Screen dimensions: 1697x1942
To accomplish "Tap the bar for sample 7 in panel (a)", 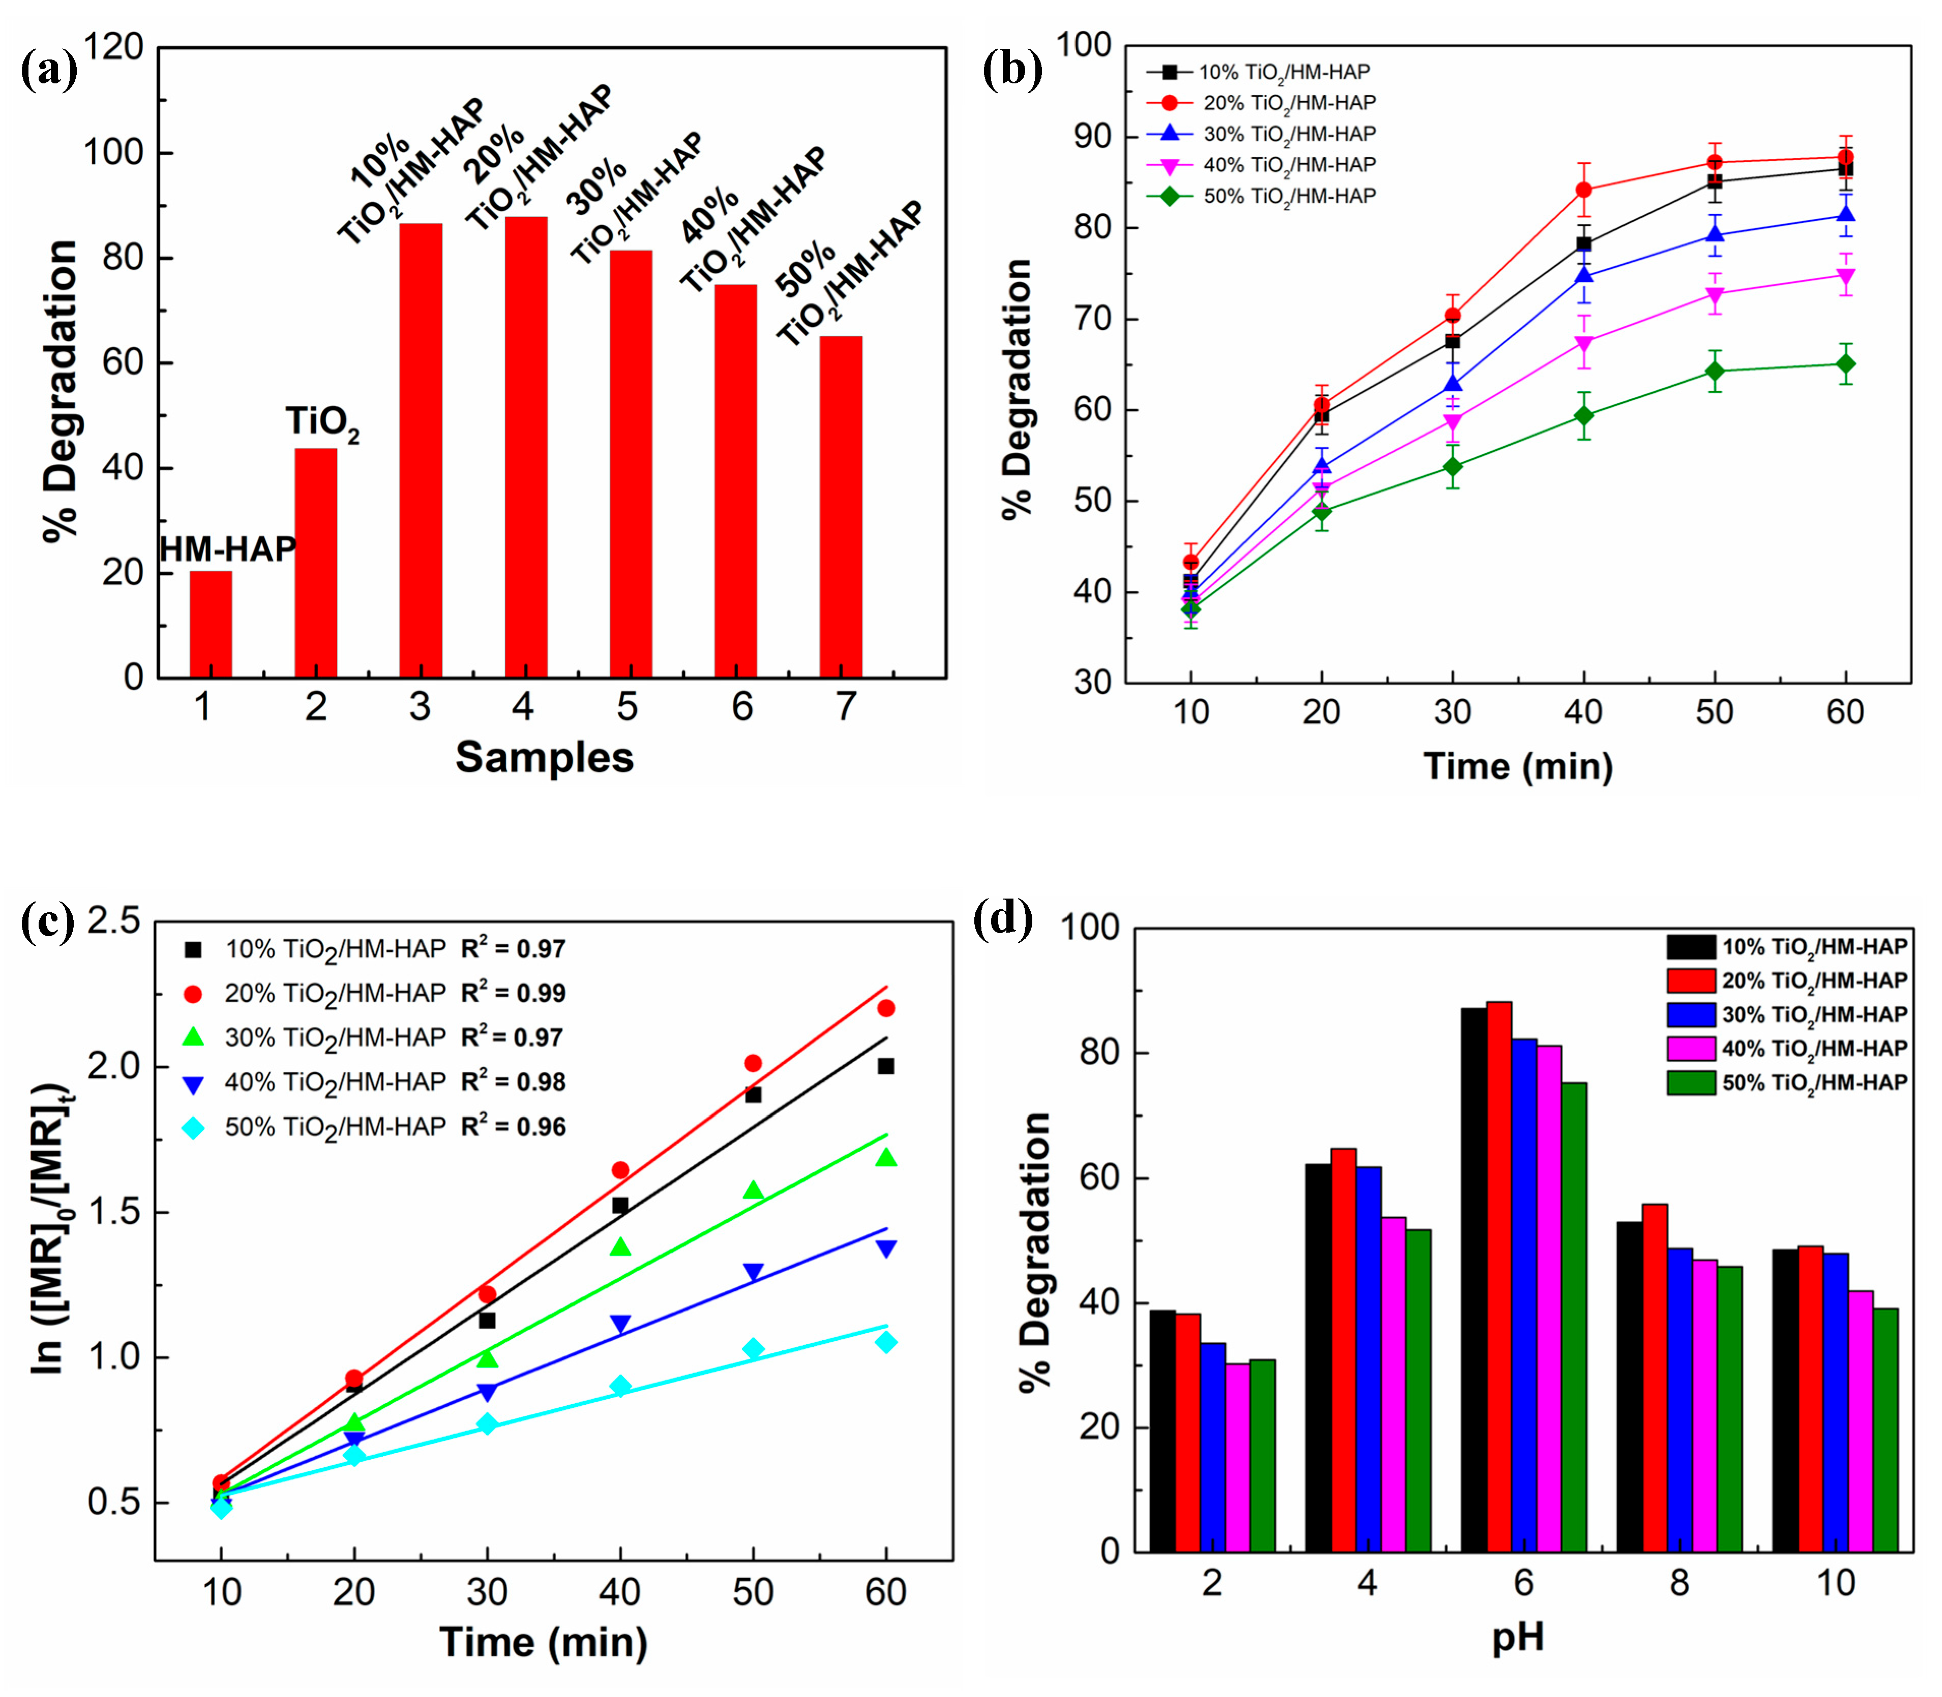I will pos(840,507).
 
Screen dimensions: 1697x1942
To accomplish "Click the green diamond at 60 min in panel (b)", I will pos(1844,364).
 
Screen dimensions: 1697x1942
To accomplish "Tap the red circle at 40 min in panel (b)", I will pos(1583,190).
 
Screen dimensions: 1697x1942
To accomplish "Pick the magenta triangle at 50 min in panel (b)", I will pos(1714,294).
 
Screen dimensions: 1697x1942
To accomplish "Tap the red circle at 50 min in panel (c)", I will pos(753,1063).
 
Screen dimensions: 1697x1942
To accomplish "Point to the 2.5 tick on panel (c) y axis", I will pos(114,921).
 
